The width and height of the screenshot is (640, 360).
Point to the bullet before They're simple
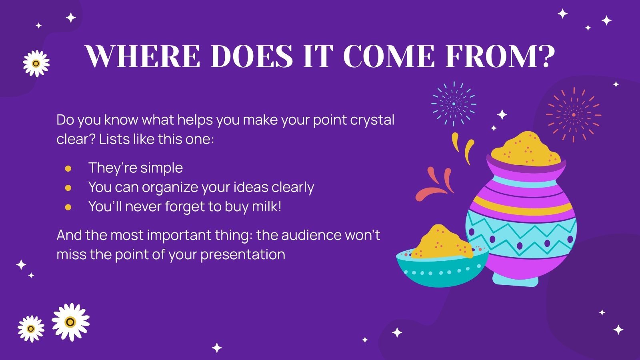click(x=68, y=168)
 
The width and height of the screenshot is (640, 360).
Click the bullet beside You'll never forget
click(x=68, y=207)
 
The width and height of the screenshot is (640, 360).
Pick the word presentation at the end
click(x=243, y=254)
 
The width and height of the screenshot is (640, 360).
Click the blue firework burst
click(x=454, y=104)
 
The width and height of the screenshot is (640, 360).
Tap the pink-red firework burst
click(x=573, y=115)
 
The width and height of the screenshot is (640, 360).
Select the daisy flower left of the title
click(x=36, y=63)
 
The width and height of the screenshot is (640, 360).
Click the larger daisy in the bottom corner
click(x=70, y=322)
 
